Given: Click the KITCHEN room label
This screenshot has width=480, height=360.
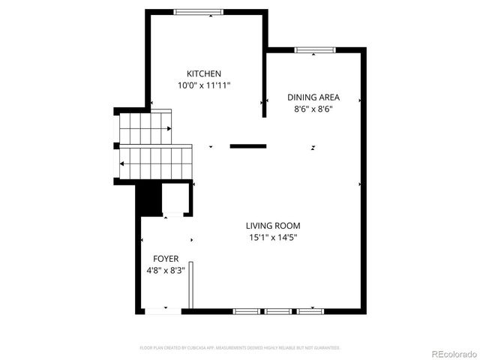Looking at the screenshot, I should (204, 73).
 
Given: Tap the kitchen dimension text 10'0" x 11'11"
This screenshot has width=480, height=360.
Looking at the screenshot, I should (204, 85).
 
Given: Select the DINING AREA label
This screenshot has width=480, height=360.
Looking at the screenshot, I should (314, 97).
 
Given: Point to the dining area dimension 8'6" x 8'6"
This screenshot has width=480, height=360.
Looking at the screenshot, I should (314, 109).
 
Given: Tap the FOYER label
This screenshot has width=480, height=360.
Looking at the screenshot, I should (166, 258).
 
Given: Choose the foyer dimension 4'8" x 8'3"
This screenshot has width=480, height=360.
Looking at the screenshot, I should (166, 270).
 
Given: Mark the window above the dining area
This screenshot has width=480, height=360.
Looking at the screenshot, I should (314, 50).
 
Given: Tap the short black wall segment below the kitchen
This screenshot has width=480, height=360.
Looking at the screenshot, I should (248, 146).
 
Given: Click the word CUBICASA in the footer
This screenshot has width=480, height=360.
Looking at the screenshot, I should (192, 348).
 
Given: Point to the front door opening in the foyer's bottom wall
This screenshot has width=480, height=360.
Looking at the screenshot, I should (163, 310).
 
